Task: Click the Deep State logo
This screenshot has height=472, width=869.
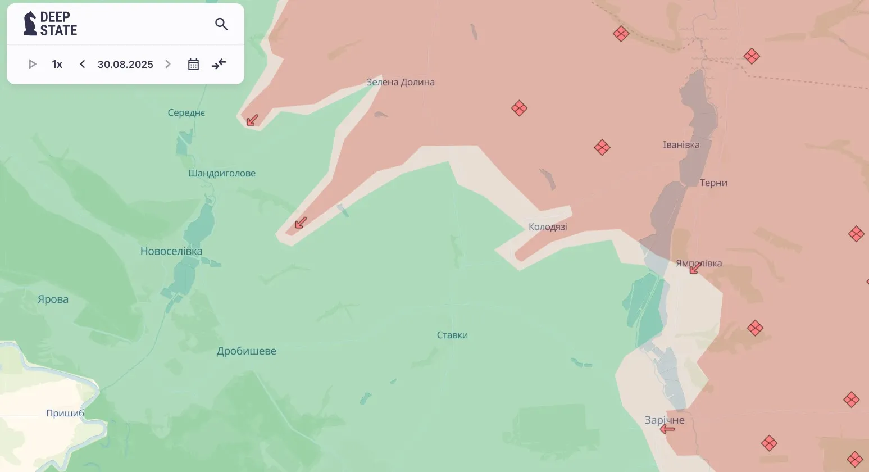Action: click(x=50, y=24)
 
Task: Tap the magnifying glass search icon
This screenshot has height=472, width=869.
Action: click(x=221, y=24)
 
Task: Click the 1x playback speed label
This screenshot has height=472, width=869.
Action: click(x=57, y=64)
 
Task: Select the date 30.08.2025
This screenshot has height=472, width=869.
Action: click(x=125, y=64)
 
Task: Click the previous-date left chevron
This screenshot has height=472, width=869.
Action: click(x=83, y=64)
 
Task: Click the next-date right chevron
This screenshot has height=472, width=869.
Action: click(x=167, y=64)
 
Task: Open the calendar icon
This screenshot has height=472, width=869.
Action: click(x=193, y=64)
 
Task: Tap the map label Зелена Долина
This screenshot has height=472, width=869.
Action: click(x=400, y=82)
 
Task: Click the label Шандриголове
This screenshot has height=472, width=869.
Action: click(x=222, y=173)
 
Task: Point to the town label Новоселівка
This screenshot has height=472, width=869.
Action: click(x=171, y=251)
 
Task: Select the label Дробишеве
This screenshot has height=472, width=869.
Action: click(x=247, y=351)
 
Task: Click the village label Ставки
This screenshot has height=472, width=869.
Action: click(x=452, y=335)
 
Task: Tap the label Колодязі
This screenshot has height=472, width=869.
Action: click(x=548, y=227)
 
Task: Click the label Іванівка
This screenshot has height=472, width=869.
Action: click(x=681, y=145)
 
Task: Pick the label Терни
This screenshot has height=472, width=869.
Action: click(x=713, y=183)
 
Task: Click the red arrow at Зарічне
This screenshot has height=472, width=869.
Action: click(x=667, y=429)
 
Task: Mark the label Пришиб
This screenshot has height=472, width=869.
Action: click(x=65, y=413)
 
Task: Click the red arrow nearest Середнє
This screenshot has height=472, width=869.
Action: click(x=252, y=120)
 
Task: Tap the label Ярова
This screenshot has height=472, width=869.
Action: click(x=53, y=299)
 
